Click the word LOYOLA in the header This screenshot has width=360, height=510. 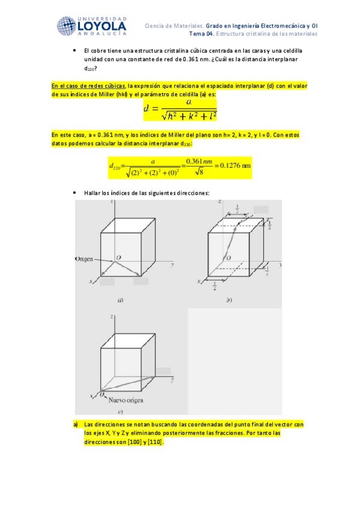pyautogui.click(x=102, y=26)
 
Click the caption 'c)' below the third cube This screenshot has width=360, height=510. pyautogui.click(x=120, y=412)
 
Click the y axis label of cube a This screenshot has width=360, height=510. pyautogui.click(x=172, y=264)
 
